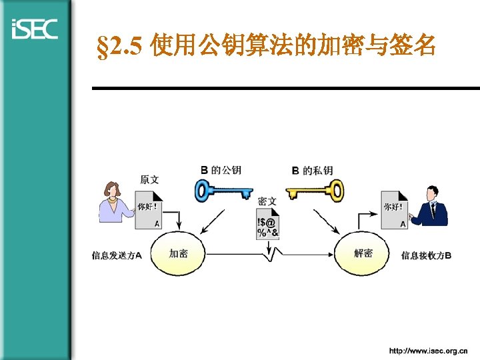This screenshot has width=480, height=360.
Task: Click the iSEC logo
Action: [35, 29]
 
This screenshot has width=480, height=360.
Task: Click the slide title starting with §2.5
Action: [266, 47]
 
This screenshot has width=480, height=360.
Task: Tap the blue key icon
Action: [224, 191]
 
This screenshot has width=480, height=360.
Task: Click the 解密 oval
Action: [363, 253]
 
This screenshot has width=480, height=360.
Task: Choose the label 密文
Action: [267, 201]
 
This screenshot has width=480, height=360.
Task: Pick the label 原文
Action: [149, 179]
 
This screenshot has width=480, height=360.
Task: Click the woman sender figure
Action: [115, 201]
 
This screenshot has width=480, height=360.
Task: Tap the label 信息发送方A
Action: [117, 255]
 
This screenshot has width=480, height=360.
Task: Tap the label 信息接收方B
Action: [426, 255]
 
